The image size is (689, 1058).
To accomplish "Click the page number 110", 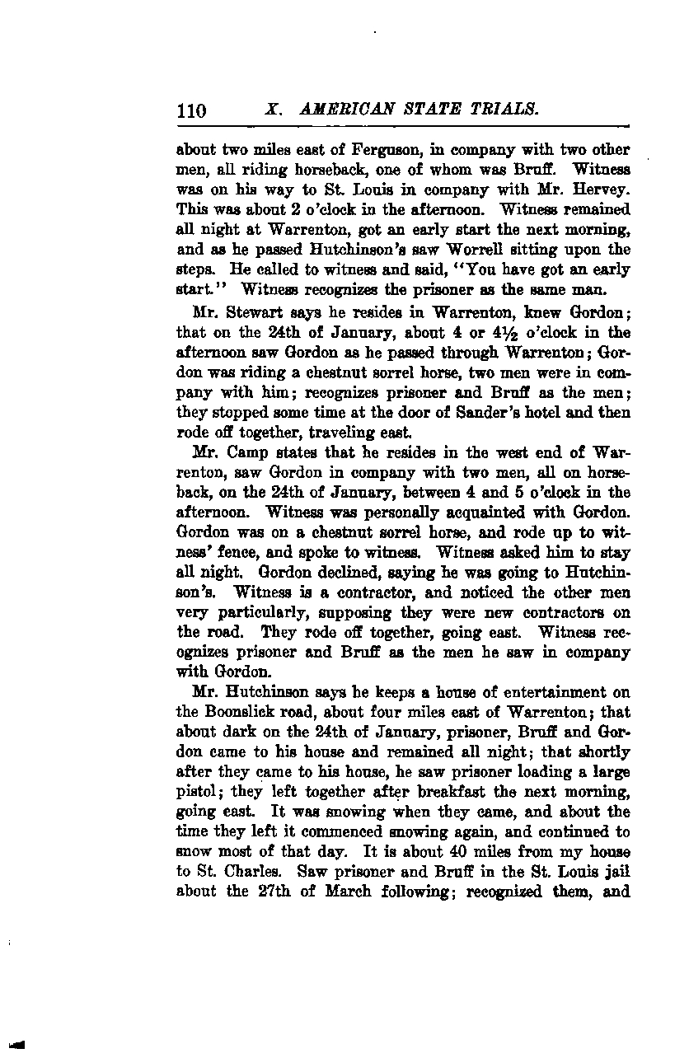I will coord(191,110).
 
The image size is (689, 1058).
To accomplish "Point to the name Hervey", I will coord(605,190).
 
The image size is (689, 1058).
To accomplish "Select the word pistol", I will coord(195,792).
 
